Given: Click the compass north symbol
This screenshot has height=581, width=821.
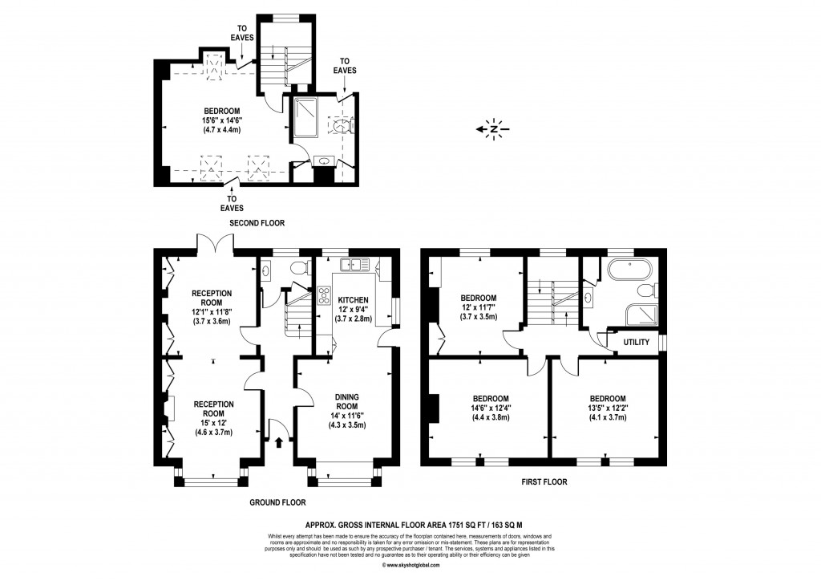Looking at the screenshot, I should [495, 128].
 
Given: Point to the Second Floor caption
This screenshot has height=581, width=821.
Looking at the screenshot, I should [257, 222].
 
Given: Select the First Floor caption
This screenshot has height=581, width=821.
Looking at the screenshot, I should [543, 482].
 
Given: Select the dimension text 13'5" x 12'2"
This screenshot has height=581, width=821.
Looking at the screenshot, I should [608, 408].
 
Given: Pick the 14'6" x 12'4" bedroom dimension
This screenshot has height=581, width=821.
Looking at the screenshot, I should [490, 408].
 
